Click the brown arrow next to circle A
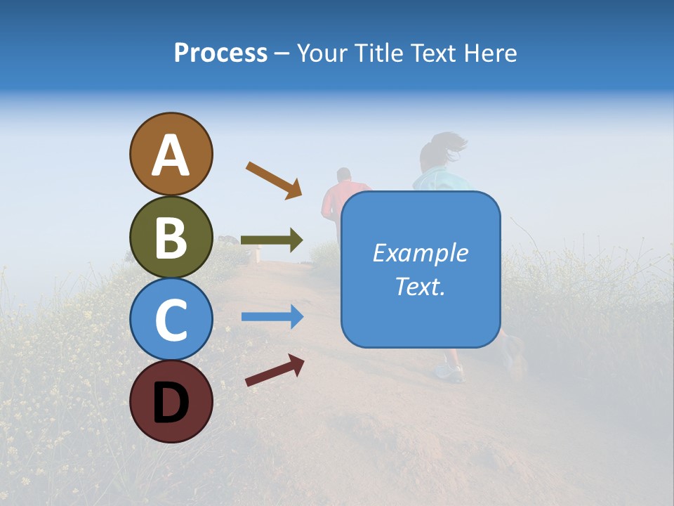(x=274, y=180)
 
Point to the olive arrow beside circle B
(x=272, y=240)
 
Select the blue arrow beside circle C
(x=272, y=317)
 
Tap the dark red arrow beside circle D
(x=275, y=370)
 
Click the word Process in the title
(x=220, y=53)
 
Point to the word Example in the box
(x=420, y=253)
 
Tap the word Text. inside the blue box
(x=420, y=287)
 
